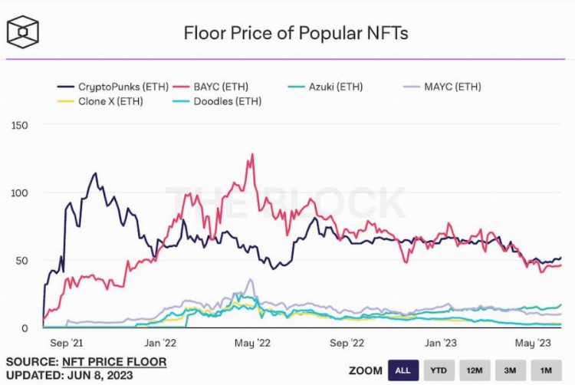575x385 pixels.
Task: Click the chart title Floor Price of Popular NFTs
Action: tap(295, 33)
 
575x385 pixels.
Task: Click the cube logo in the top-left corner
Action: tap(23, 31)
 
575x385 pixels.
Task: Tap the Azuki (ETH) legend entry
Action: tap(334, 87)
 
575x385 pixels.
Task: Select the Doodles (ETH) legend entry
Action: tap(222, 100)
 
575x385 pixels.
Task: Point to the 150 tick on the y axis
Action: tap(18, 125)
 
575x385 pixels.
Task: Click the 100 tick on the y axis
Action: tap(18, 192)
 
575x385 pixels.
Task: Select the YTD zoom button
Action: tap(438, 370)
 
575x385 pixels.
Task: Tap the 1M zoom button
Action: tap(546, 370)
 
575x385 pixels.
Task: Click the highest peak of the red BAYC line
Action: tap(251, 155)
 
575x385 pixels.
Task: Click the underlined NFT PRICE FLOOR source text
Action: tap(115, 361)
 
